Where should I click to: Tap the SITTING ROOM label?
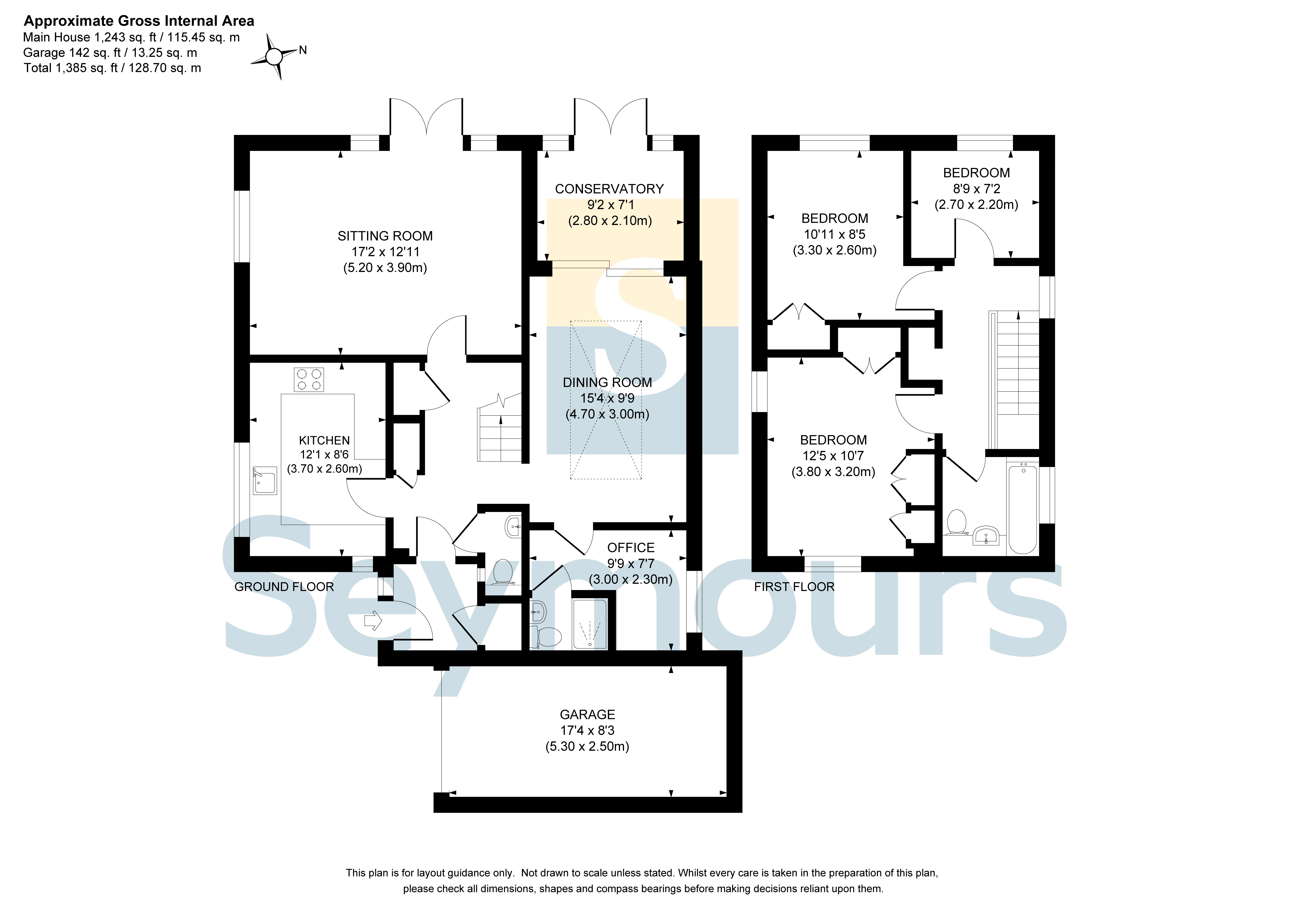click(385, 236)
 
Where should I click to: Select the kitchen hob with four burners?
click(309, 379)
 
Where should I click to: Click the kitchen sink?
click(265, 480)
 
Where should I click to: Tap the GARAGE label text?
click(587, 714)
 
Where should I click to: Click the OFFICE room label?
click(631, 548)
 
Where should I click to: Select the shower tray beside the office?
click(589, 624)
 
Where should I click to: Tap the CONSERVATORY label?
click(609, 189)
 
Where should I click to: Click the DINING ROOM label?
click(607, 382)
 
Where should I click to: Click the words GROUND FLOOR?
click(284, 587)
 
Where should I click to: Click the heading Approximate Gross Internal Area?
click(139, 21)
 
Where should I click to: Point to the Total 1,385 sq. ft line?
click(112, 68)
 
